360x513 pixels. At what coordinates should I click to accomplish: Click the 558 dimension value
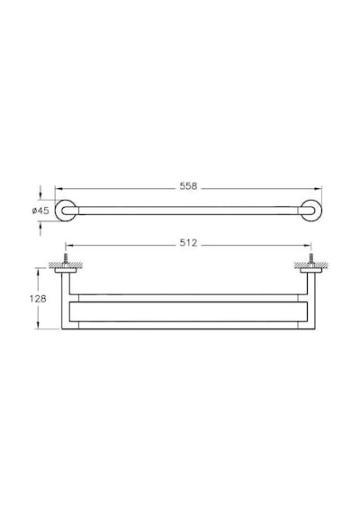coord(188,186)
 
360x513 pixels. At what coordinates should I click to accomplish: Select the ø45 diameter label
coord(40,211)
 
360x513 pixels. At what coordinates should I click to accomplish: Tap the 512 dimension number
coord(188,243)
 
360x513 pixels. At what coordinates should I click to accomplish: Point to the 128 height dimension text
coord(38,299)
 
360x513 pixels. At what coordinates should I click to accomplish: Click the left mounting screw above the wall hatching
coord(66,257)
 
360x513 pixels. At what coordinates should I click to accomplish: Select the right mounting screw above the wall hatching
coord(310,257)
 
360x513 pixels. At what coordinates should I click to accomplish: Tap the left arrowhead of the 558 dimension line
coord(58,188)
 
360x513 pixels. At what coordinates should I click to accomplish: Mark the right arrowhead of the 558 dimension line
coord(319,188)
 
